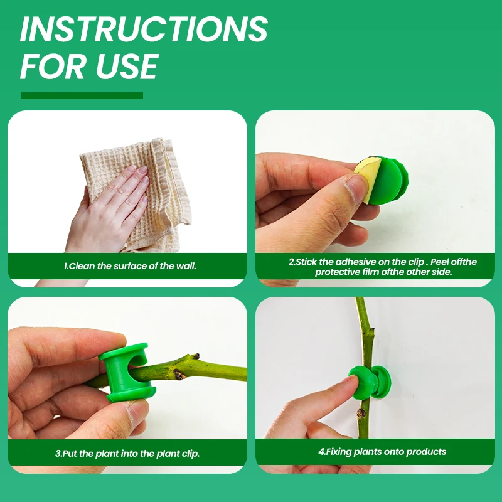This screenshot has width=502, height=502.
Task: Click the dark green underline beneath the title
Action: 82,96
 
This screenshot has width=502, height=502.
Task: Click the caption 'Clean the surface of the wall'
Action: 130,266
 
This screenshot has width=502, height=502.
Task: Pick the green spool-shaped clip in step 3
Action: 127,371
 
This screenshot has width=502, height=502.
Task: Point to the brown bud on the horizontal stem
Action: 180,375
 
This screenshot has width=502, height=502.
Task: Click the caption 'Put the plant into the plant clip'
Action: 127,453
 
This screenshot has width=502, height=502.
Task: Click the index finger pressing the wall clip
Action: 329,402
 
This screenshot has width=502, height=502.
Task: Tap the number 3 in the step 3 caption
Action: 58,453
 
